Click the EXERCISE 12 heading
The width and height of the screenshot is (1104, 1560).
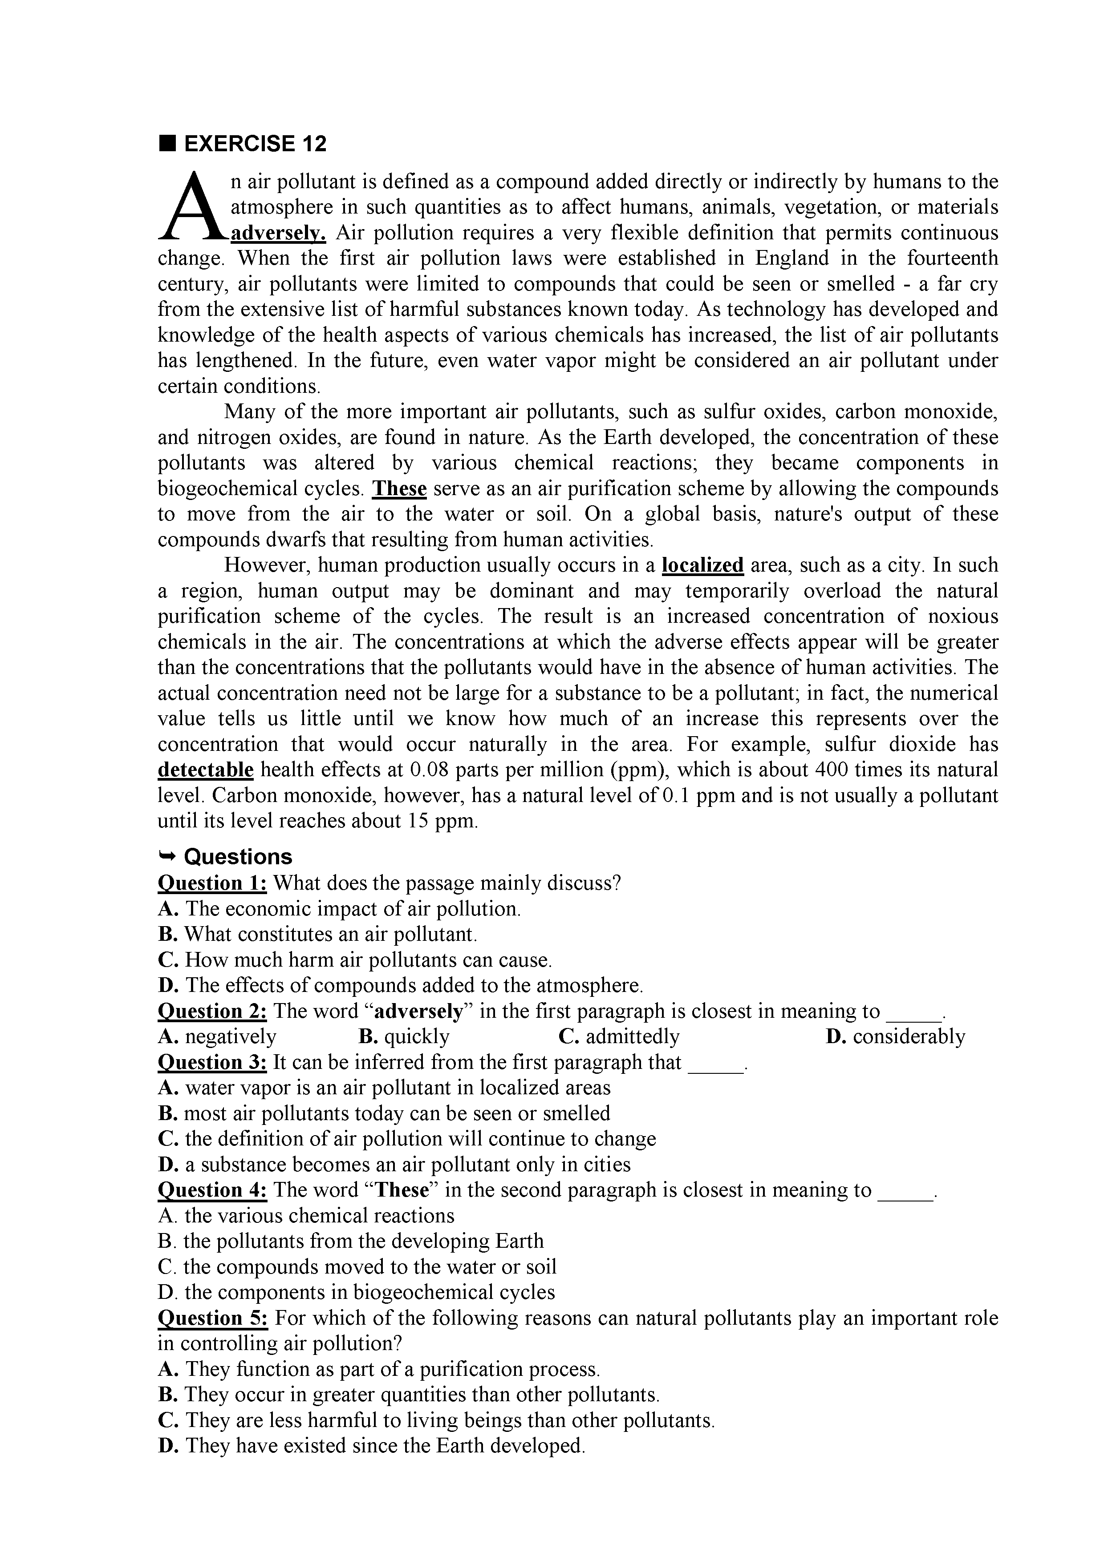click(255, 143)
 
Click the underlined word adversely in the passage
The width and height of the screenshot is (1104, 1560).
click(279, 233)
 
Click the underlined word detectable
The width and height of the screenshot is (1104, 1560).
click(205, 770)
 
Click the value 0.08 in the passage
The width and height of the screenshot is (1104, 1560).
click(428, 770)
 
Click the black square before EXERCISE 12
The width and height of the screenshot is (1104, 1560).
click(166, 143)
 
